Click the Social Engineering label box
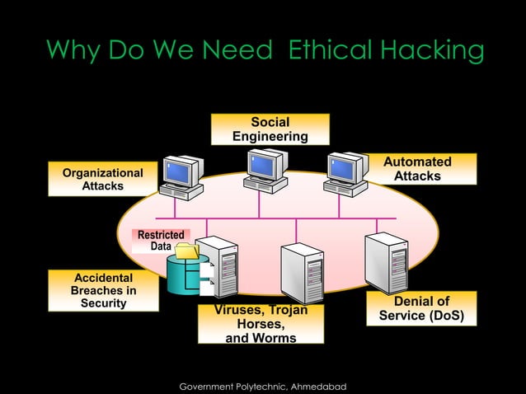coord(270,129)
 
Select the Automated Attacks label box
coord(417,169)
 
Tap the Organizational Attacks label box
coord(103,179)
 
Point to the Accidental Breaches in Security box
coord(103,290)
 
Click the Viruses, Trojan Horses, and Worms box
coord(261,324)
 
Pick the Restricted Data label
coord(161,241)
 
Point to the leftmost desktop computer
coord(181,176)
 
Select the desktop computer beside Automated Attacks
coord(345,173)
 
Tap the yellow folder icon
coord(187,251)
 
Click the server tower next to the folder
coord(216,265)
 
